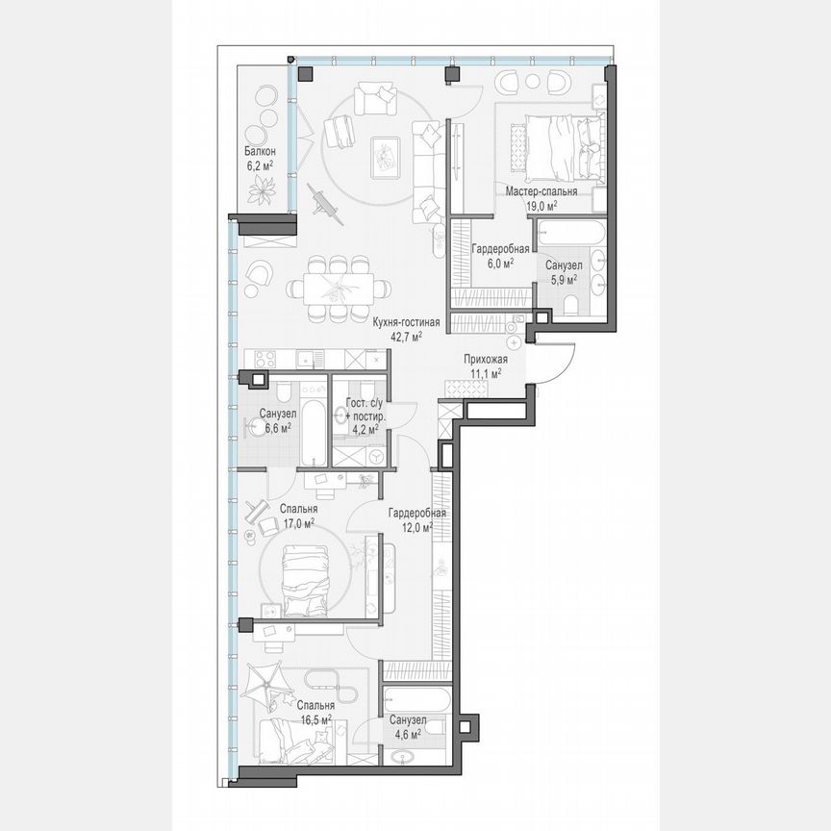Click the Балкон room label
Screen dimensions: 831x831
[x=260, y=152]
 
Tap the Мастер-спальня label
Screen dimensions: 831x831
[x=541, y=191]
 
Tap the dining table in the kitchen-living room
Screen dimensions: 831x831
[x=337, y=287]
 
